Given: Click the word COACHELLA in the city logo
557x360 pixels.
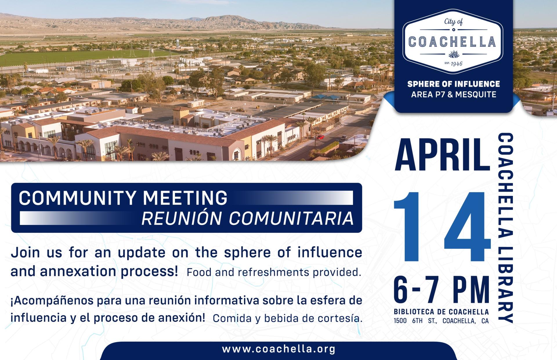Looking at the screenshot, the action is point(453,42).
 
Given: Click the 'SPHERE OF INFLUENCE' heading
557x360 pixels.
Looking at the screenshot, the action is point(453,84).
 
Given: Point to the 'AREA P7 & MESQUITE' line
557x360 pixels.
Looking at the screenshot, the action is point(453,94).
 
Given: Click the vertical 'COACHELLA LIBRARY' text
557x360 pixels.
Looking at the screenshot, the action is point(506,228).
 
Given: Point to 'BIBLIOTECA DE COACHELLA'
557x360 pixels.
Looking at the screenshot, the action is point(441,312).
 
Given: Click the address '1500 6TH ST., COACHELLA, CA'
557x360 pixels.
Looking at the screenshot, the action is point(441,321).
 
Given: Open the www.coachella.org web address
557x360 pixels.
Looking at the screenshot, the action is point(278,349).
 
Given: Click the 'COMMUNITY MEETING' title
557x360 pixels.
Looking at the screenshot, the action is point(123,198).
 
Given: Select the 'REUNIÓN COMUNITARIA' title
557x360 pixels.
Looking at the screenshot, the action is point(247,218).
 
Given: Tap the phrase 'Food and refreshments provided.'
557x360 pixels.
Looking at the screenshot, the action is point(274,272).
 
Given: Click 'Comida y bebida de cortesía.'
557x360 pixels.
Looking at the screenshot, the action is point(287,318).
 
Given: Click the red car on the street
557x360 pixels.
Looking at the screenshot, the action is point(320,137).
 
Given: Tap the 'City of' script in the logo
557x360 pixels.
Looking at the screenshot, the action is point(453,22).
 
